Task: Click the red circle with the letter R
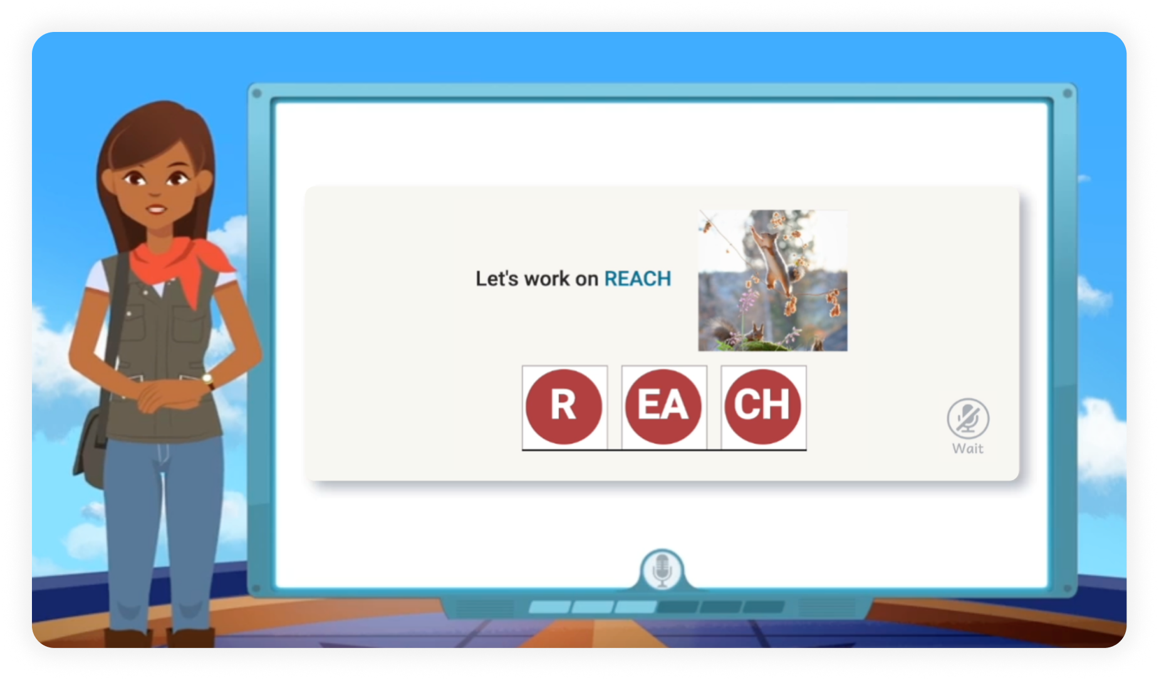[564, 406]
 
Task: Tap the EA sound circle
[663, 406]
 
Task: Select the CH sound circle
[762, 406]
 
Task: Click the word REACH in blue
[637, 279]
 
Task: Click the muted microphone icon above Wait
[968, 419]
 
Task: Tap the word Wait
[968, 449]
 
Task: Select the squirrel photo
[772, 280]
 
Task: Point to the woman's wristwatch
[208, 380]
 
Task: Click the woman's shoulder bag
[91, 445]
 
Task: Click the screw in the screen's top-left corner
[256, 94]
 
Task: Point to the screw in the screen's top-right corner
[1067, 94]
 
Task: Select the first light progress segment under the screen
[549, 607]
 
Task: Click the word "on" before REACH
[586, 279]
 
